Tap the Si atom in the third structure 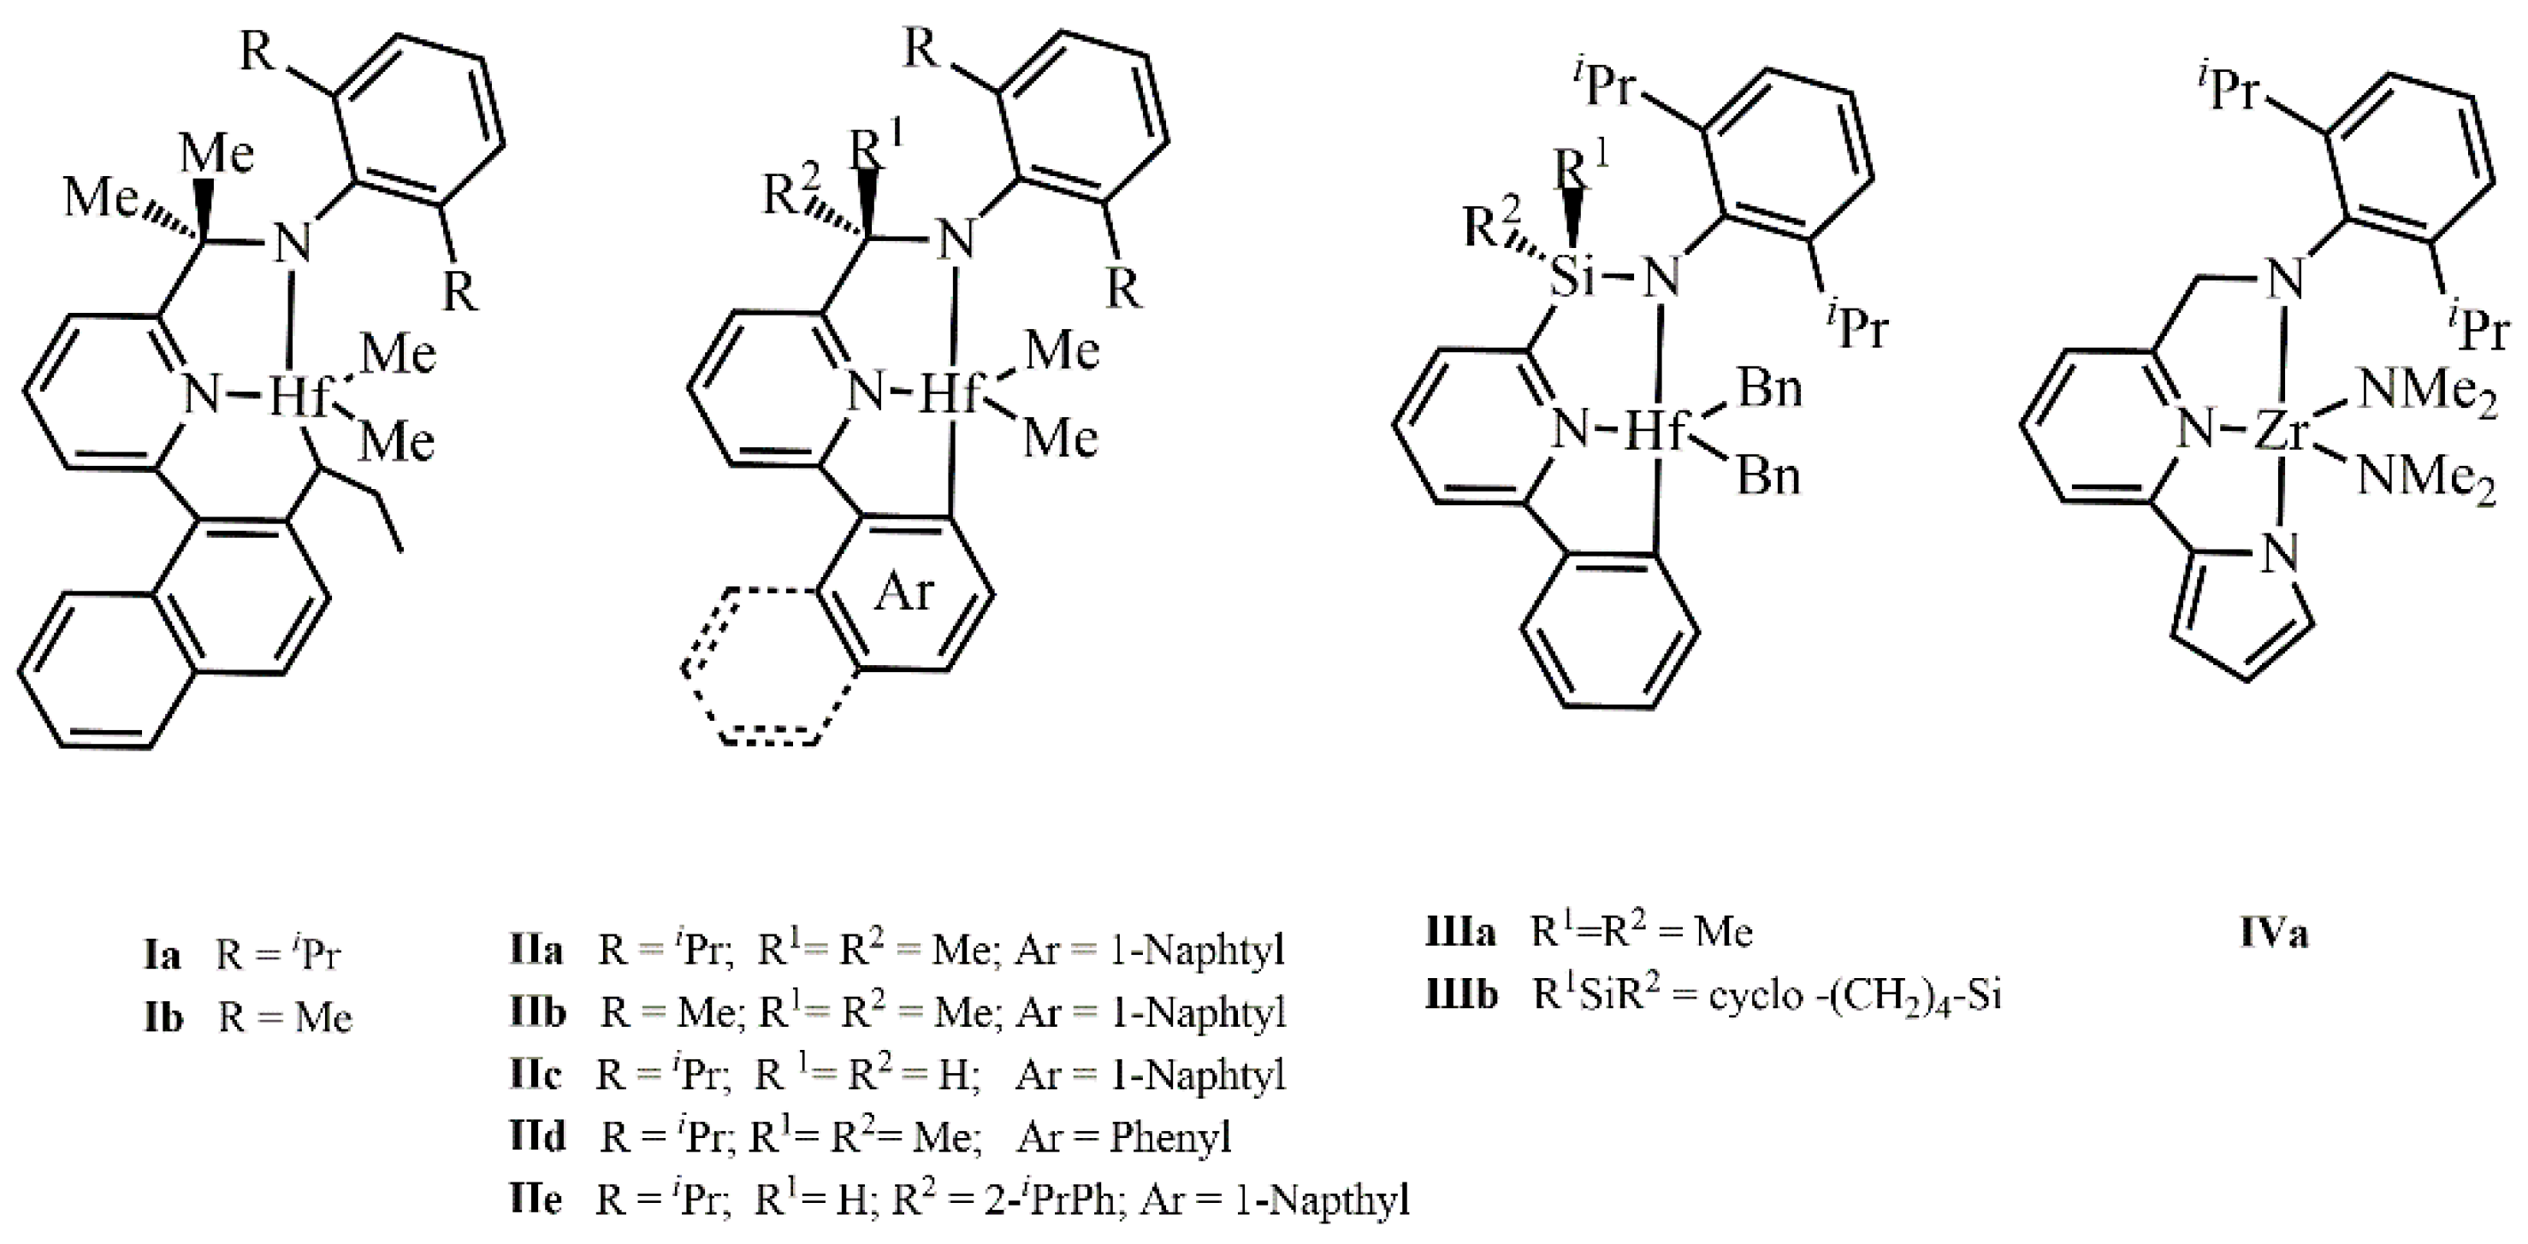tap(1572, 280)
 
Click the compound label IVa tap(2274, 932)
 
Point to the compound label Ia tap(162, 953)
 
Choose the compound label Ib tap(163, 1017)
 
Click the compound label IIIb tap(1462, 995)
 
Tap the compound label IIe tap(536, 1199)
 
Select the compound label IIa tap(536, 950)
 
